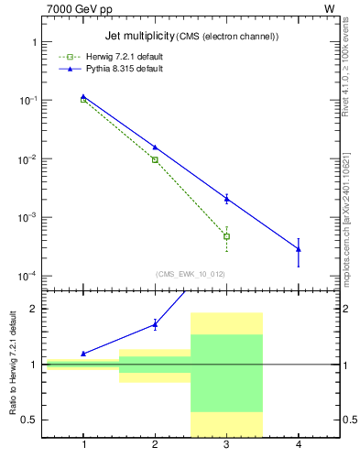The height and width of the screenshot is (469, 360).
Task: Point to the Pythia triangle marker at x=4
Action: [x=299, y=249]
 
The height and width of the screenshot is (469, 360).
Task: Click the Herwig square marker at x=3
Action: [x=226, y=236]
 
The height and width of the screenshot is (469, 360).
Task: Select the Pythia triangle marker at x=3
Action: [x=226, y=199]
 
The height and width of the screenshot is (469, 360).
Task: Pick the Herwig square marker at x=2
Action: [x=155, y=159]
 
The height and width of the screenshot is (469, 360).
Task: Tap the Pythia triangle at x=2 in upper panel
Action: [x=155, y=147]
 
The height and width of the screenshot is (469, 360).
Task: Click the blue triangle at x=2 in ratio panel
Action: [x=155, y=324]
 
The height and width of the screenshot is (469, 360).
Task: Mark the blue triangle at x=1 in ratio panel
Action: [x=83, y=354]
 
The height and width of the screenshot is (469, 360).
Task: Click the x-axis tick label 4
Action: [x=299, y=445]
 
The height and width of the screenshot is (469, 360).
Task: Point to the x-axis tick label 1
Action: [x=83, y=445]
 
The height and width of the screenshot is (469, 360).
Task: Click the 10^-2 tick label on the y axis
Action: [x=27, y=159]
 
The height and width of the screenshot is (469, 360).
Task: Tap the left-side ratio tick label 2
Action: [x=34, y=309]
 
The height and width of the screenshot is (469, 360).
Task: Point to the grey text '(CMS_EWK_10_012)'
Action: [x=191, y=274]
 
